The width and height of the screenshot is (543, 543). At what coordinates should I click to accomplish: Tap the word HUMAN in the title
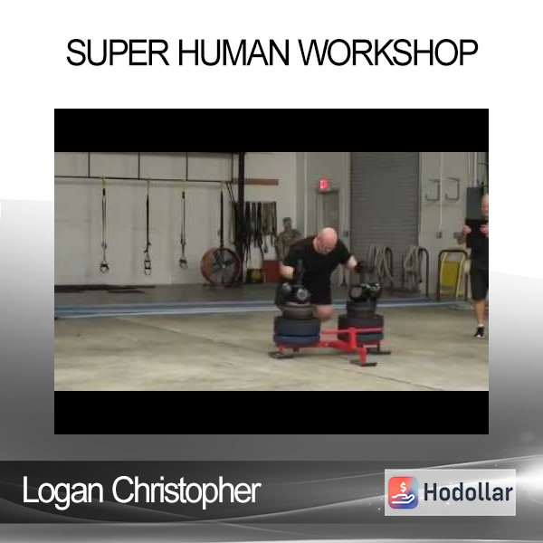233,52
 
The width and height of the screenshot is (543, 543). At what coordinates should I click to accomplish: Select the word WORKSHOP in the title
388,52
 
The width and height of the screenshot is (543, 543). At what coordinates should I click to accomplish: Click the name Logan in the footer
62,491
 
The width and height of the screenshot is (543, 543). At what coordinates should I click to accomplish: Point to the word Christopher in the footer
186,491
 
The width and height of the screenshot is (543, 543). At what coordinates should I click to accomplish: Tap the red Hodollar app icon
403,492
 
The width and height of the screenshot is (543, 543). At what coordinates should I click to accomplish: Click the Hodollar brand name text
468,492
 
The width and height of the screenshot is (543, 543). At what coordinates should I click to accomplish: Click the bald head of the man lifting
326,238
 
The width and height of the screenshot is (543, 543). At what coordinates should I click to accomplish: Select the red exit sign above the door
323,184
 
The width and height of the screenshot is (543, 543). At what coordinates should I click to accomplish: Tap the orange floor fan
221,267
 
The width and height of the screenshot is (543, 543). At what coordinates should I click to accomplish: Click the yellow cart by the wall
452,273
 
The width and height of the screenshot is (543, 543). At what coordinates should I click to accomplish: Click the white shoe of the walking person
480,332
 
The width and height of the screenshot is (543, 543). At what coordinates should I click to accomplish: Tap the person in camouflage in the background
288,238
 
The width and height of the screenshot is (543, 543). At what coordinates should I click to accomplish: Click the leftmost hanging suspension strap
103,229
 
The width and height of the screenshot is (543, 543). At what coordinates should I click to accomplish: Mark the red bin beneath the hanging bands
271,271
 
